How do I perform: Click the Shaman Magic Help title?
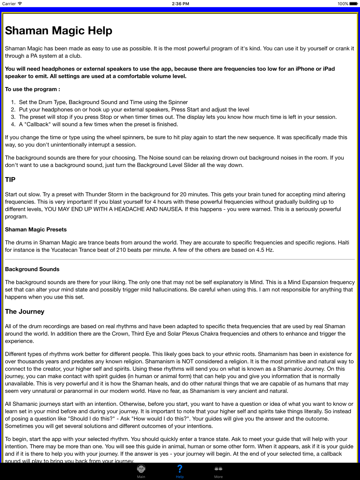[59, 31]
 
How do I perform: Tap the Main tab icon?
[141, 469]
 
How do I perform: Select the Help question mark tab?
[180, 469]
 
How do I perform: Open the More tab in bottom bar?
[218, 469]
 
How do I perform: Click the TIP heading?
[10, 180]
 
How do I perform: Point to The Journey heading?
[24, 312]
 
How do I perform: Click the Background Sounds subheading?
[32, 269]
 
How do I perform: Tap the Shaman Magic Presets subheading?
[36, 230]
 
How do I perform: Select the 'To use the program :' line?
[32, 89]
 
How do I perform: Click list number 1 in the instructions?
[13, 102]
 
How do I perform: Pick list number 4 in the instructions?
[13, 124]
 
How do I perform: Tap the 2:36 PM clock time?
[180, 4]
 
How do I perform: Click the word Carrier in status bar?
[9, 4]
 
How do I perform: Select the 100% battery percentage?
[343, 4]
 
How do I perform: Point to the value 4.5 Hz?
[265, 250]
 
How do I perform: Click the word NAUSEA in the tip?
[170, 209]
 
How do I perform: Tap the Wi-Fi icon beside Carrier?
[20, 4]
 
